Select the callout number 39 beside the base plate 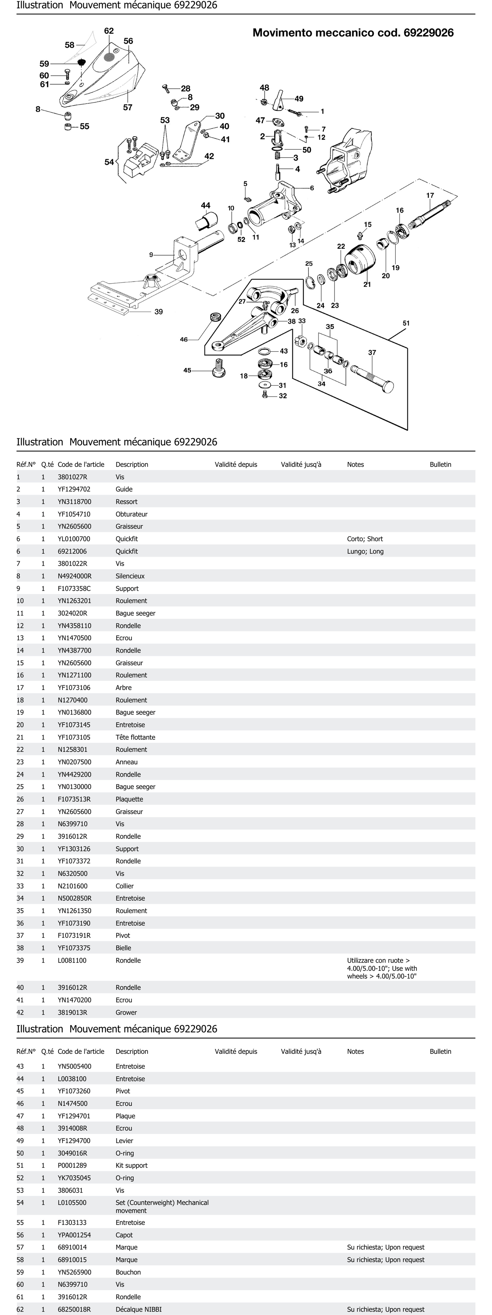click(x=158, y=311)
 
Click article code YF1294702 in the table click(x=74, y=489)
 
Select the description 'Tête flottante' click(x=135, y=737)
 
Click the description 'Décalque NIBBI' click(x=138, y=1309)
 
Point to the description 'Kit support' click(x=131, y=1166)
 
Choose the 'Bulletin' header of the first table click(x=440, y=465)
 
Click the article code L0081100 click(x=72, y=960)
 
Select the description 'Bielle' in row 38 click(x=123, y=948)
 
